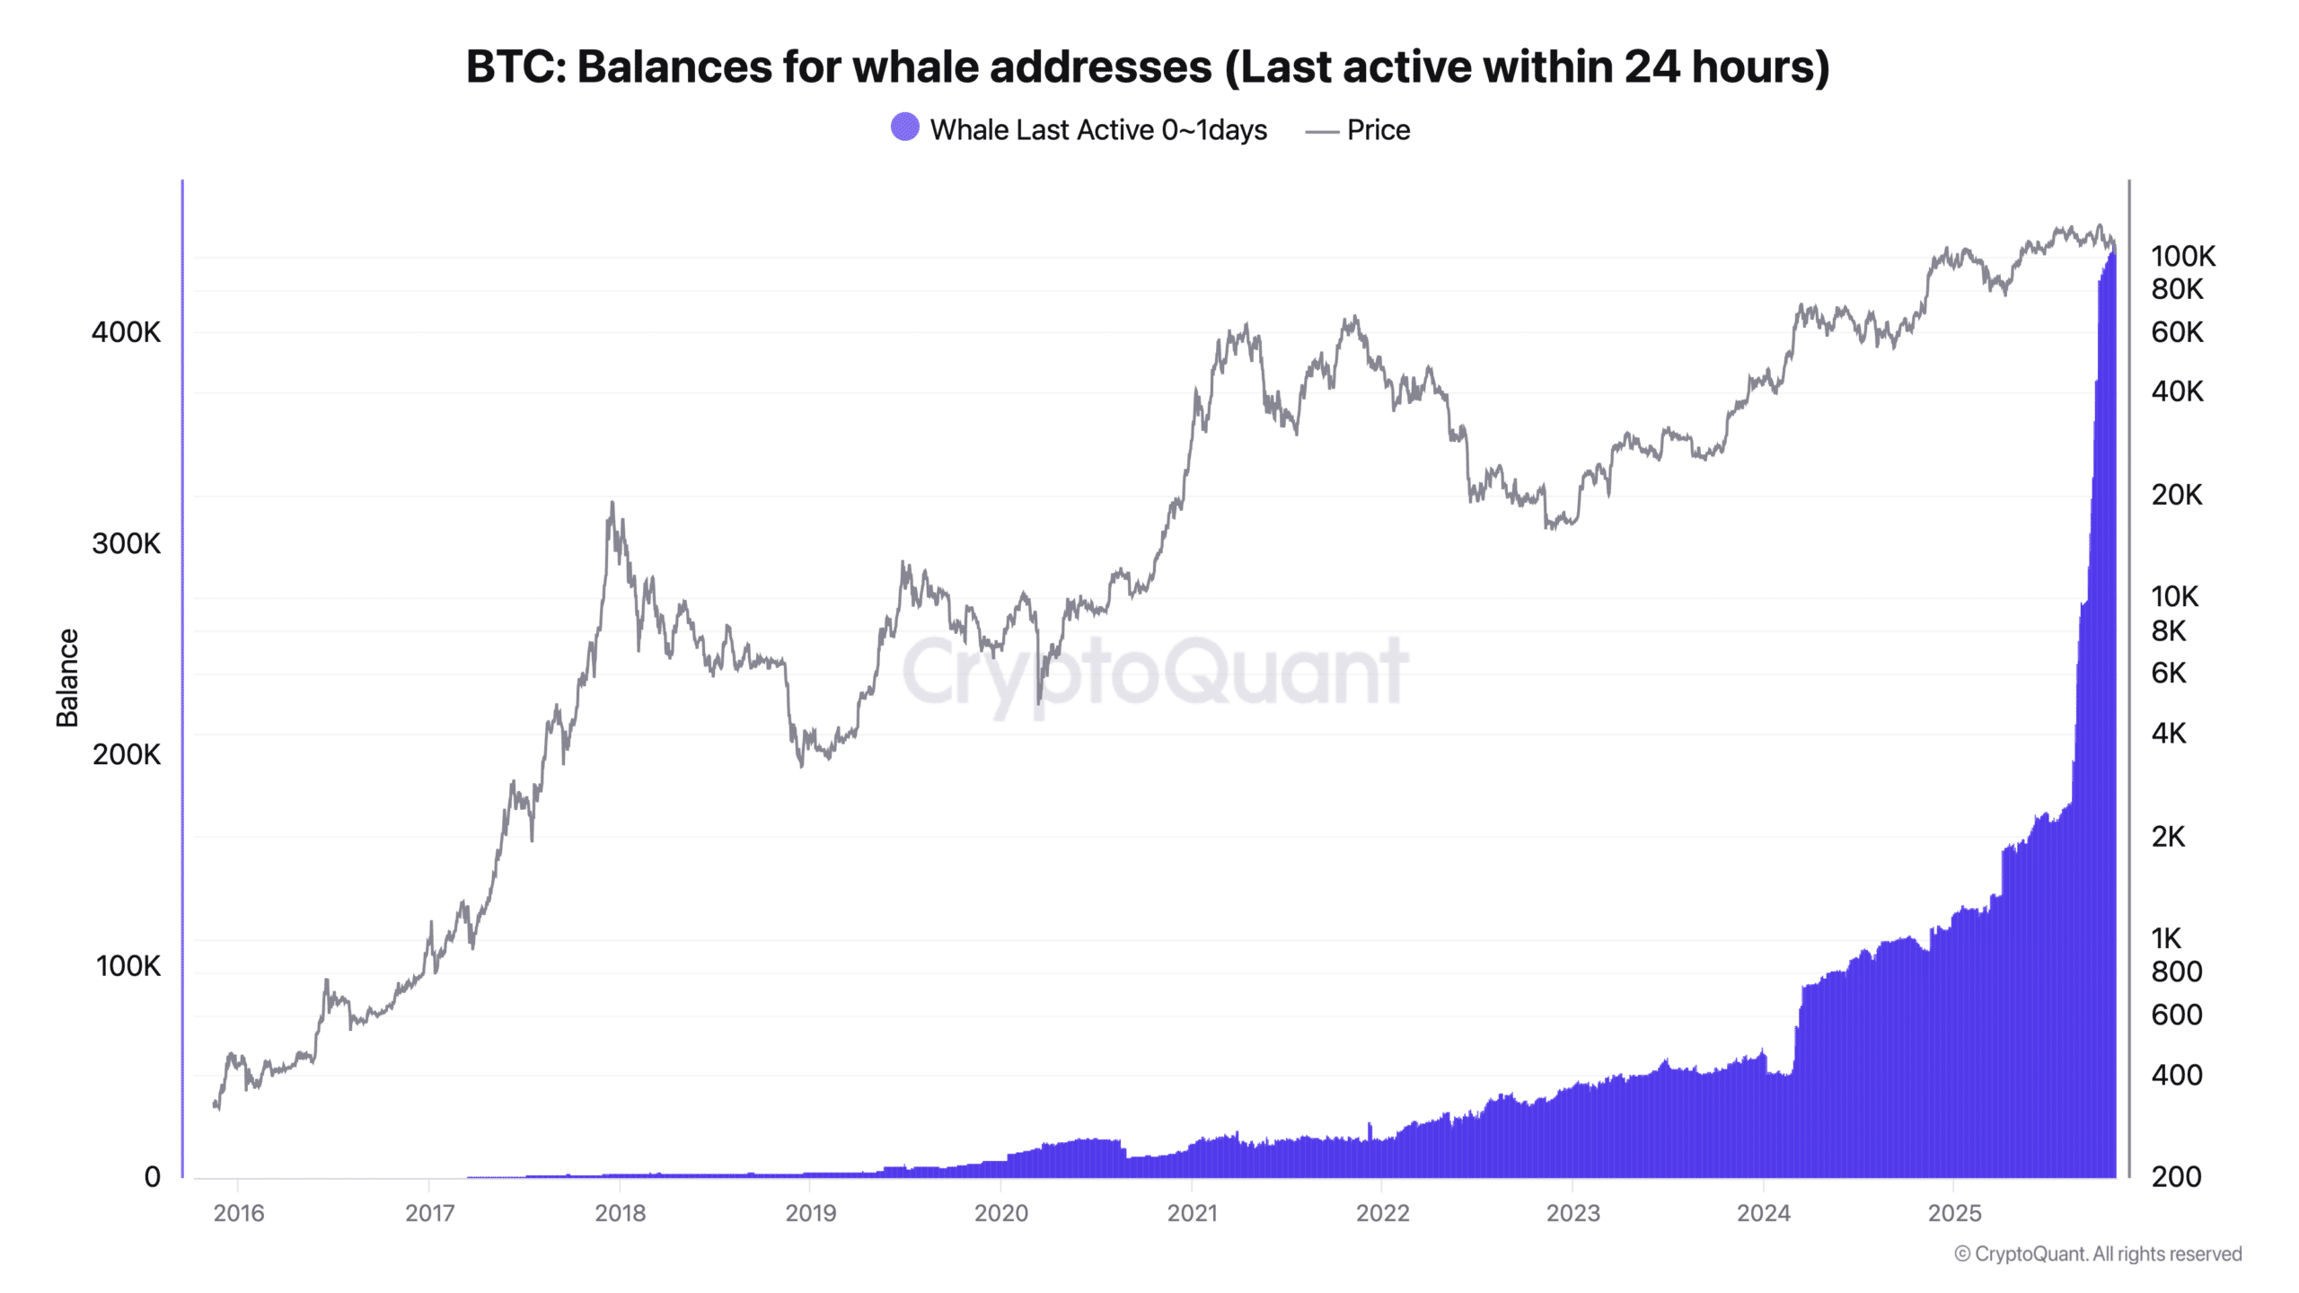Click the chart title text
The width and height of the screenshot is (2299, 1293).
[x=1148, y=67]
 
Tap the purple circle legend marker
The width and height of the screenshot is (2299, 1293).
[x=904, y=128]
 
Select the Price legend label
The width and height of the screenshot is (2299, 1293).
[x=1378, y=130]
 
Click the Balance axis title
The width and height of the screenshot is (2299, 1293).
[x=67, y=678]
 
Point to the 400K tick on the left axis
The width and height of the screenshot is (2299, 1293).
[x=126, y=332]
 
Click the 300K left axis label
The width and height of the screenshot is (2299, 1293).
[x=126, y=543]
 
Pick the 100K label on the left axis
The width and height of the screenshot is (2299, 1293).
[x=128, y=966]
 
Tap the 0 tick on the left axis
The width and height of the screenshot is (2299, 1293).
[x=152, y=1177]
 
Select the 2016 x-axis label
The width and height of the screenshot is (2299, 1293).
[x=239, y=1213]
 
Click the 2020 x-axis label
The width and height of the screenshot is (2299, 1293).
[x=1000, y=1213]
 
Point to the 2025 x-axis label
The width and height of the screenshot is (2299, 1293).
[x=1954, y=1213]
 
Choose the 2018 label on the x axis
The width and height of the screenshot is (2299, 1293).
[x=620, y=1213]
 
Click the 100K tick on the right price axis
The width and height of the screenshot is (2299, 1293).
[x=2182, y=257]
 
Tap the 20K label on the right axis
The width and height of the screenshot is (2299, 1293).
[x=2176, y=495]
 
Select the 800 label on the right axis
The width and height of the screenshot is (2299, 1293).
[x=2176, y=972]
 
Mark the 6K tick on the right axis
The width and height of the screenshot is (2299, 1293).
[x=2168, y=673]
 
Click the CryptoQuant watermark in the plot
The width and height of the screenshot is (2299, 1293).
[x=1155, y=672]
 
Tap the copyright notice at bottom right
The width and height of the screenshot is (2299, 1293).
[x=2098, y=1253]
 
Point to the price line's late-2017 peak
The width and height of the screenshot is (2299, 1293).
[x=612, y=504]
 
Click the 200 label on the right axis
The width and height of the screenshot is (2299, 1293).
[x=2176, y=1177]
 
